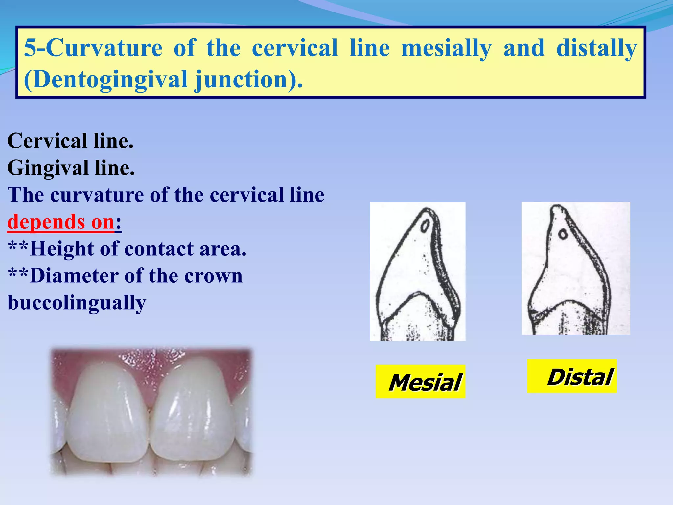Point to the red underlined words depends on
pos(61,222)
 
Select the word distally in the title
pos(596,48)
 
